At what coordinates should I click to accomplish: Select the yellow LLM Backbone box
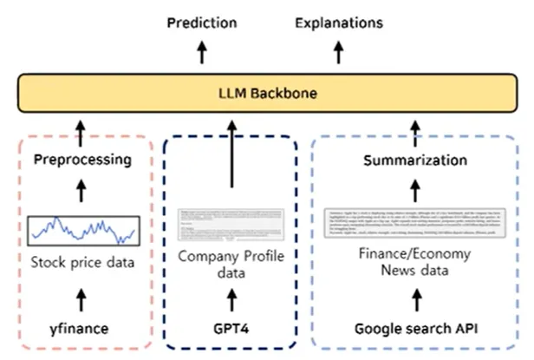[x=267, y=93]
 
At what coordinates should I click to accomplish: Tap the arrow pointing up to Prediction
[x=201, y=53]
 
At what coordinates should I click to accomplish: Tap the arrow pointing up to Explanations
[x=338, y=53]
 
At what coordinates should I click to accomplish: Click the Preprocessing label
[x=82, y=159]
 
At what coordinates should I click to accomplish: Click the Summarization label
[x=415, y=160]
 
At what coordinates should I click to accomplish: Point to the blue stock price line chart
[x=82, y=229]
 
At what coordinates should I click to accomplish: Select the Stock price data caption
[x=82, y=262]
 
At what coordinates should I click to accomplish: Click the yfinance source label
[x=82, y=329]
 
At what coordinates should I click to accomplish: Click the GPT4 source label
[x=231, y=330]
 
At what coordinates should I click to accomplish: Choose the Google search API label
[x=415, y=330]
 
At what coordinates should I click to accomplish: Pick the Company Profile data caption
[x=231, y=265]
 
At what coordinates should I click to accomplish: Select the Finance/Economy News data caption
[x=415, y=265]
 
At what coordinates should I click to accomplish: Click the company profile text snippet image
[x=231, y=224]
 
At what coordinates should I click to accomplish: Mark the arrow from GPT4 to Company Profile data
[x=231, y=300]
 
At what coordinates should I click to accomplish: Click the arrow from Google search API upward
[x=415, y=300]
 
